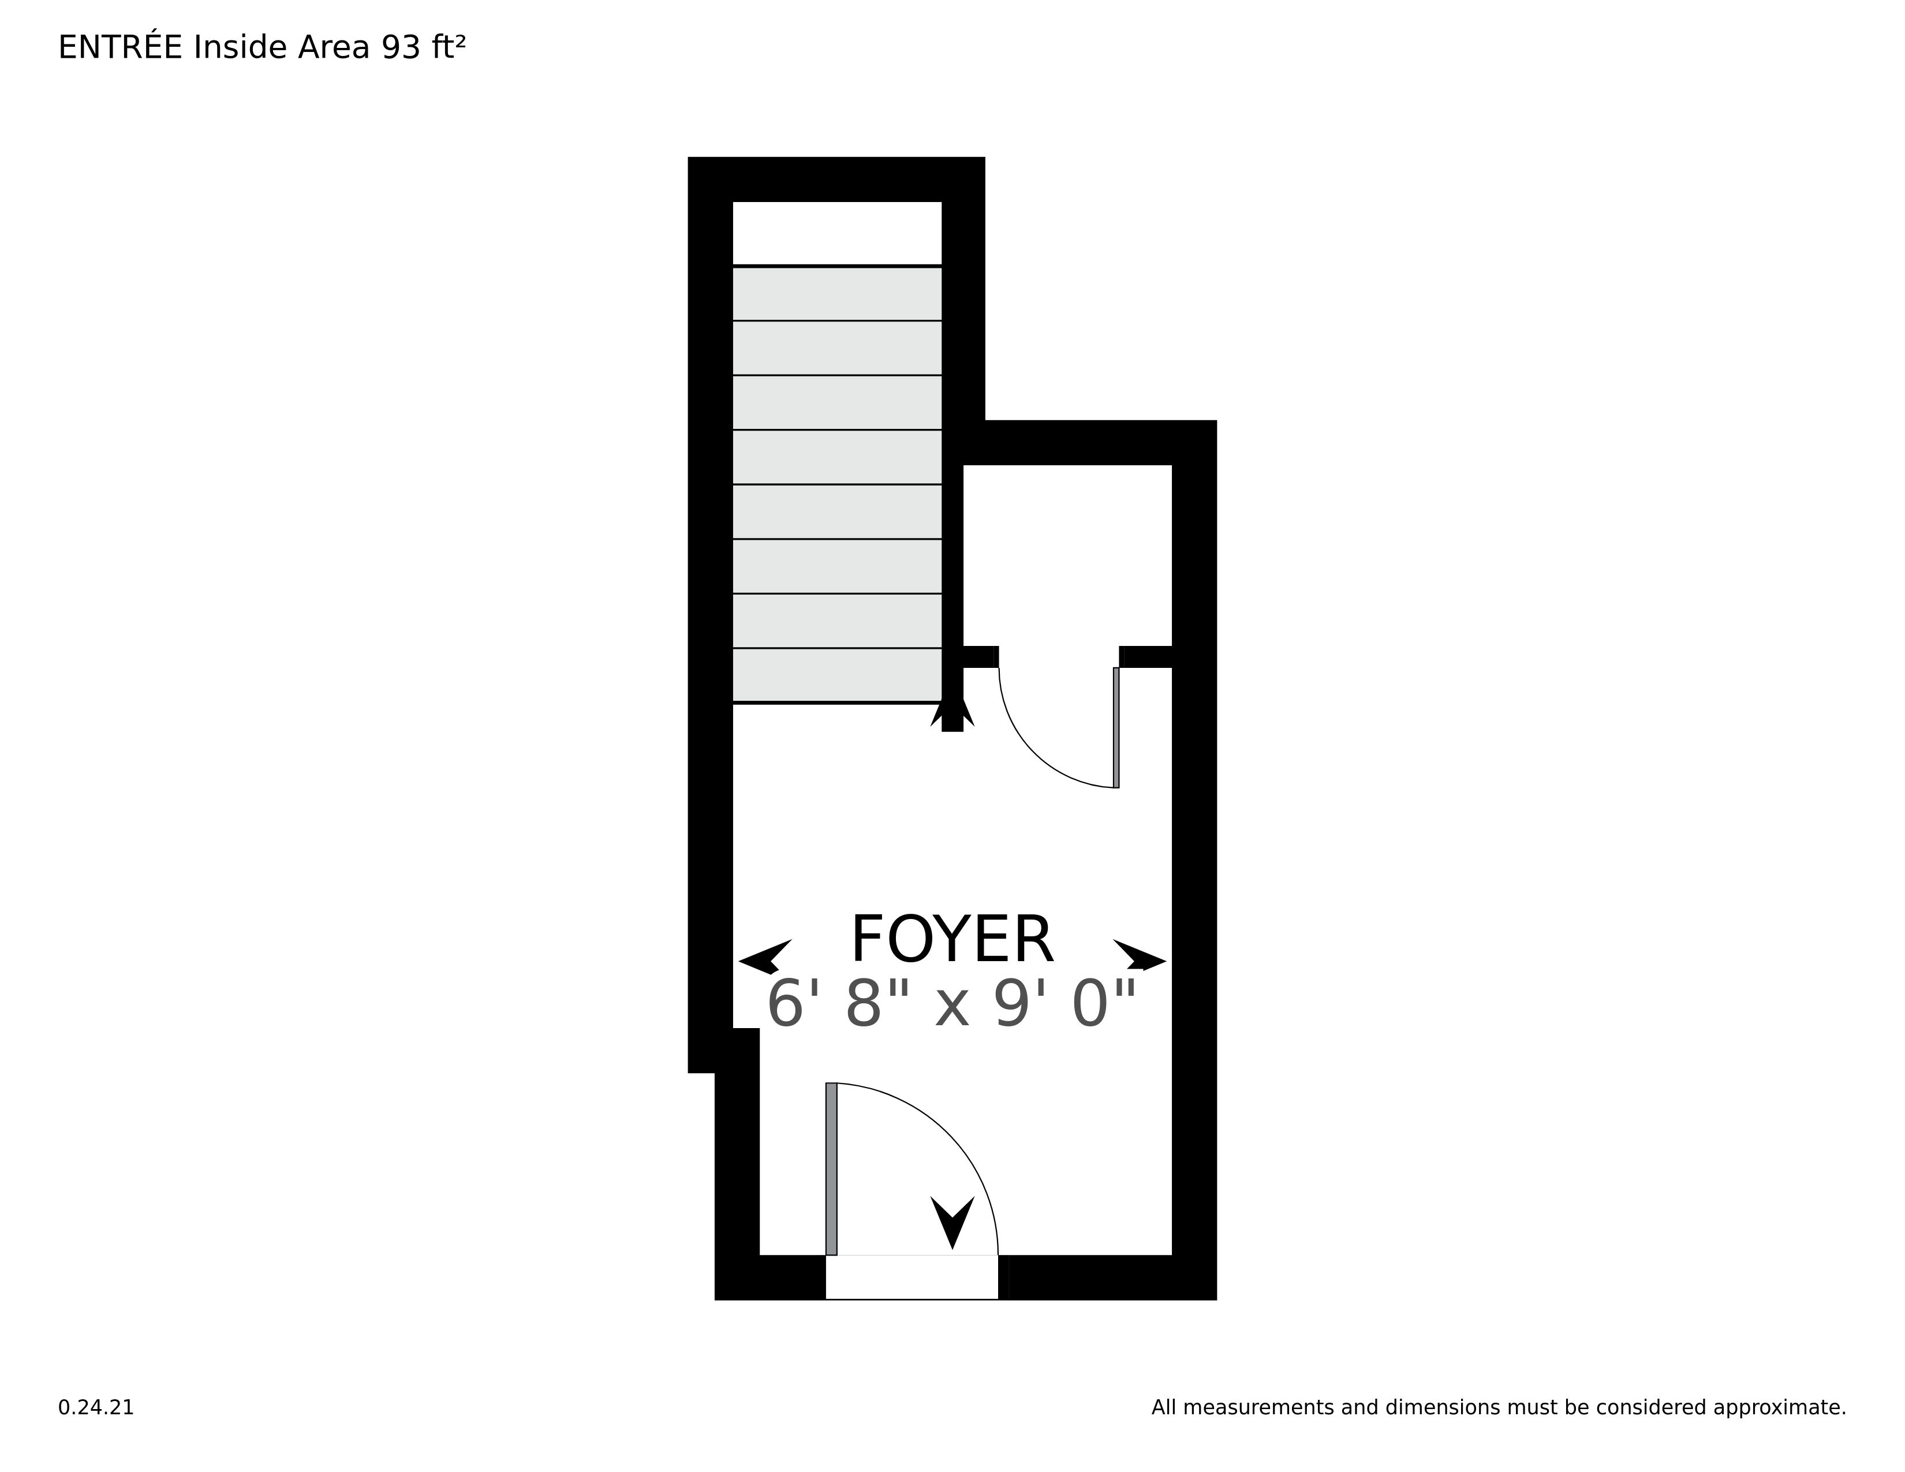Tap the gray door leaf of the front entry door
831,1168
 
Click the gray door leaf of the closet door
1116,727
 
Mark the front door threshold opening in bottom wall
912,1277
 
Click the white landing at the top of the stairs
836,232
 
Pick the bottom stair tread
836,675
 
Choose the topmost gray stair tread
836,294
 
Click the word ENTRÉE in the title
121,48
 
